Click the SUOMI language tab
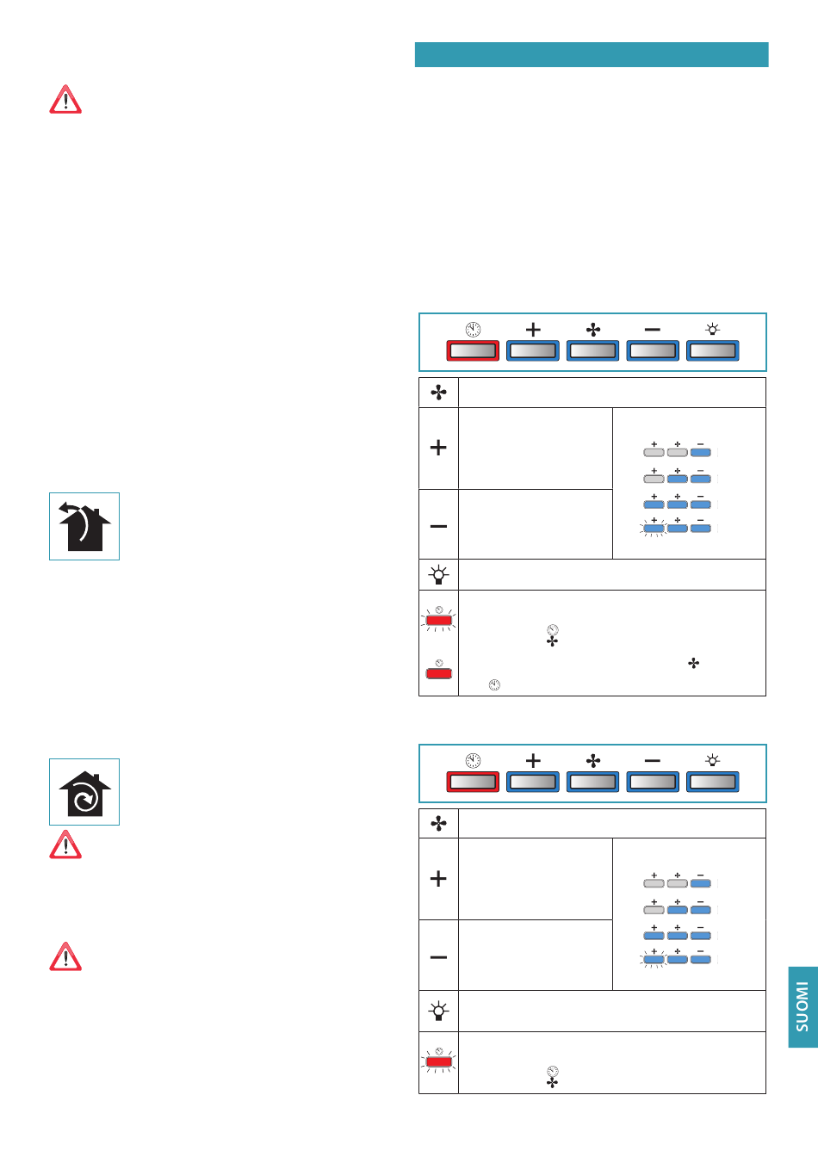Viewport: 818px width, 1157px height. tap(803, 1006)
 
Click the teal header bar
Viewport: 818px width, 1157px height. tap(592, 55)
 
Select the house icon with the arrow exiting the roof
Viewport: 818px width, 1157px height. tap(84, 526)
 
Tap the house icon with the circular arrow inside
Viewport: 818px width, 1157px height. tap(84, 792)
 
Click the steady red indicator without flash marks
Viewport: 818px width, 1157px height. tap(439, 673)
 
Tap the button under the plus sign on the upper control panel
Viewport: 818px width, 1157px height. tap(533, 350)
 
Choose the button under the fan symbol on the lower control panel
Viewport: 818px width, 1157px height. tap(592, 782)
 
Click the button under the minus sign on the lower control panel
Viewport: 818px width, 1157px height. tap(653, 782)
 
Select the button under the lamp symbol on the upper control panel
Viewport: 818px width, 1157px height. tap(713, 350)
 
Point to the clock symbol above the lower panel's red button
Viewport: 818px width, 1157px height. tap(473, 760)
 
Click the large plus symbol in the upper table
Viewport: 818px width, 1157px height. tap(438, 448)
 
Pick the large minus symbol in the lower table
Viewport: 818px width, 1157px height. tap(438, 957)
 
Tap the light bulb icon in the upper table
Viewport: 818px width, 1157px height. tap(439, 574)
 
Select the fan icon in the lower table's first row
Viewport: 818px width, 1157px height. tap(439, 823)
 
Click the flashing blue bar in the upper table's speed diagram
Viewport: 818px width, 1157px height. tap(654, 529)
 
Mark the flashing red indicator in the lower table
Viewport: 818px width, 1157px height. tap(439, 1062)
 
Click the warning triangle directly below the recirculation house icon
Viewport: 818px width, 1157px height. tap(65, 845)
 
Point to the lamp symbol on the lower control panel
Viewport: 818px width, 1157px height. tap(713, 760)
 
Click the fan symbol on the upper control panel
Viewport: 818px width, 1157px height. tap(593, 330)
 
